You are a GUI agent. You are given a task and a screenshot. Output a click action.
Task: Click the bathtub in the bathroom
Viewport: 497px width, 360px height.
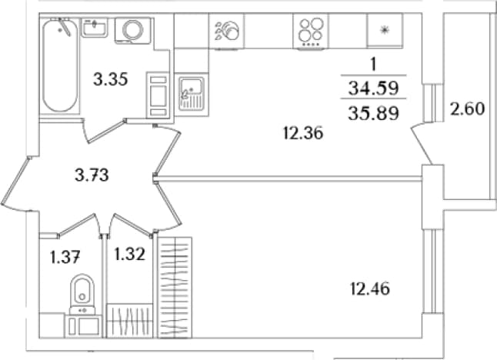60,65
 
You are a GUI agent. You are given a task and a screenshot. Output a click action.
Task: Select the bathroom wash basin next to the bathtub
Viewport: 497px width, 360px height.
95,28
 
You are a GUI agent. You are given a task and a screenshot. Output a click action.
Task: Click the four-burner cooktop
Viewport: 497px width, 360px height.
311,31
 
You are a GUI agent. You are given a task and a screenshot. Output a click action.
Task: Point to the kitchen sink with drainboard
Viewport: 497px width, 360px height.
191,94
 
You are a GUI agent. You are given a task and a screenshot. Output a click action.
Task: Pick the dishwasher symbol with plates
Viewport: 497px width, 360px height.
226,31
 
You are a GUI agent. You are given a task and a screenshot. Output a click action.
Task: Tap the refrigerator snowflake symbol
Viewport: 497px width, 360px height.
385,31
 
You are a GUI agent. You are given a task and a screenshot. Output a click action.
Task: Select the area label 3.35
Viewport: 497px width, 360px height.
111,79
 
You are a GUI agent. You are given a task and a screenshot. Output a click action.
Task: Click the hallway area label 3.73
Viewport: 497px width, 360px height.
92,175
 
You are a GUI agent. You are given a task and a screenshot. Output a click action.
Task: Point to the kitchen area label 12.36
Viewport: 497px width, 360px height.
303,133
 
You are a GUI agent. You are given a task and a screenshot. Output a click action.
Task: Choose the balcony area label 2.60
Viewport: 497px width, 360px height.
468,109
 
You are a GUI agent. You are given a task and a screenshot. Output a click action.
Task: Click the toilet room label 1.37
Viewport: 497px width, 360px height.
65,257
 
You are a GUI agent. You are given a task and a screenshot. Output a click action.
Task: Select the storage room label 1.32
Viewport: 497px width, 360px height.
130,254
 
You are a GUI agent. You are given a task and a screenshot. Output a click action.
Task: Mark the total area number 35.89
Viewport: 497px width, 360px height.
373,113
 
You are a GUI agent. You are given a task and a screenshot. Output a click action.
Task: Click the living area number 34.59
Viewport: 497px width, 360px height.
373,88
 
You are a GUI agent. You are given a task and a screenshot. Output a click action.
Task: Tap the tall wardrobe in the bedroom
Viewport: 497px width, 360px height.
175,287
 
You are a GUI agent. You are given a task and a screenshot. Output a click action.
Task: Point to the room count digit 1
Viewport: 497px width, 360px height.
374,65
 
